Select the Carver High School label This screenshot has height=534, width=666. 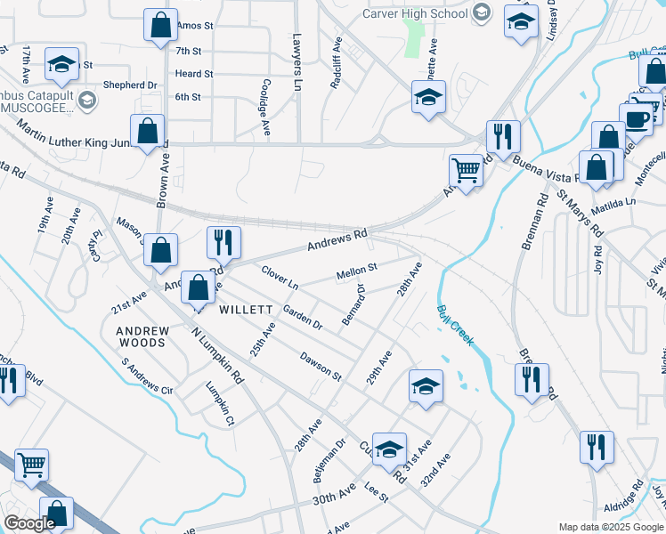pyautogui.click(x=415, y=13)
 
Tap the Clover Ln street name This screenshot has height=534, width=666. pyautogui.click(x=280, y=276)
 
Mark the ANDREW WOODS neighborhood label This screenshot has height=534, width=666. pyautogui.click(x=142, y=336)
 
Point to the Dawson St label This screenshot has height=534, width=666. pyautogui.click(x=321, y=365)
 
